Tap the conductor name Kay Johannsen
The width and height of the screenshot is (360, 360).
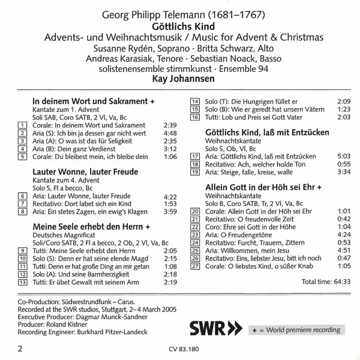point(180,78)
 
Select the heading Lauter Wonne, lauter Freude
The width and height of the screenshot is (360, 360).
point(85,172)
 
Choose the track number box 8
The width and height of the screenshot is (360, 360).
point(23,212)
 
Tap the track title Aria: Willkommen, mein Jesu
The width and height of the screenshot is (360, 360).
point(246,251)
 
